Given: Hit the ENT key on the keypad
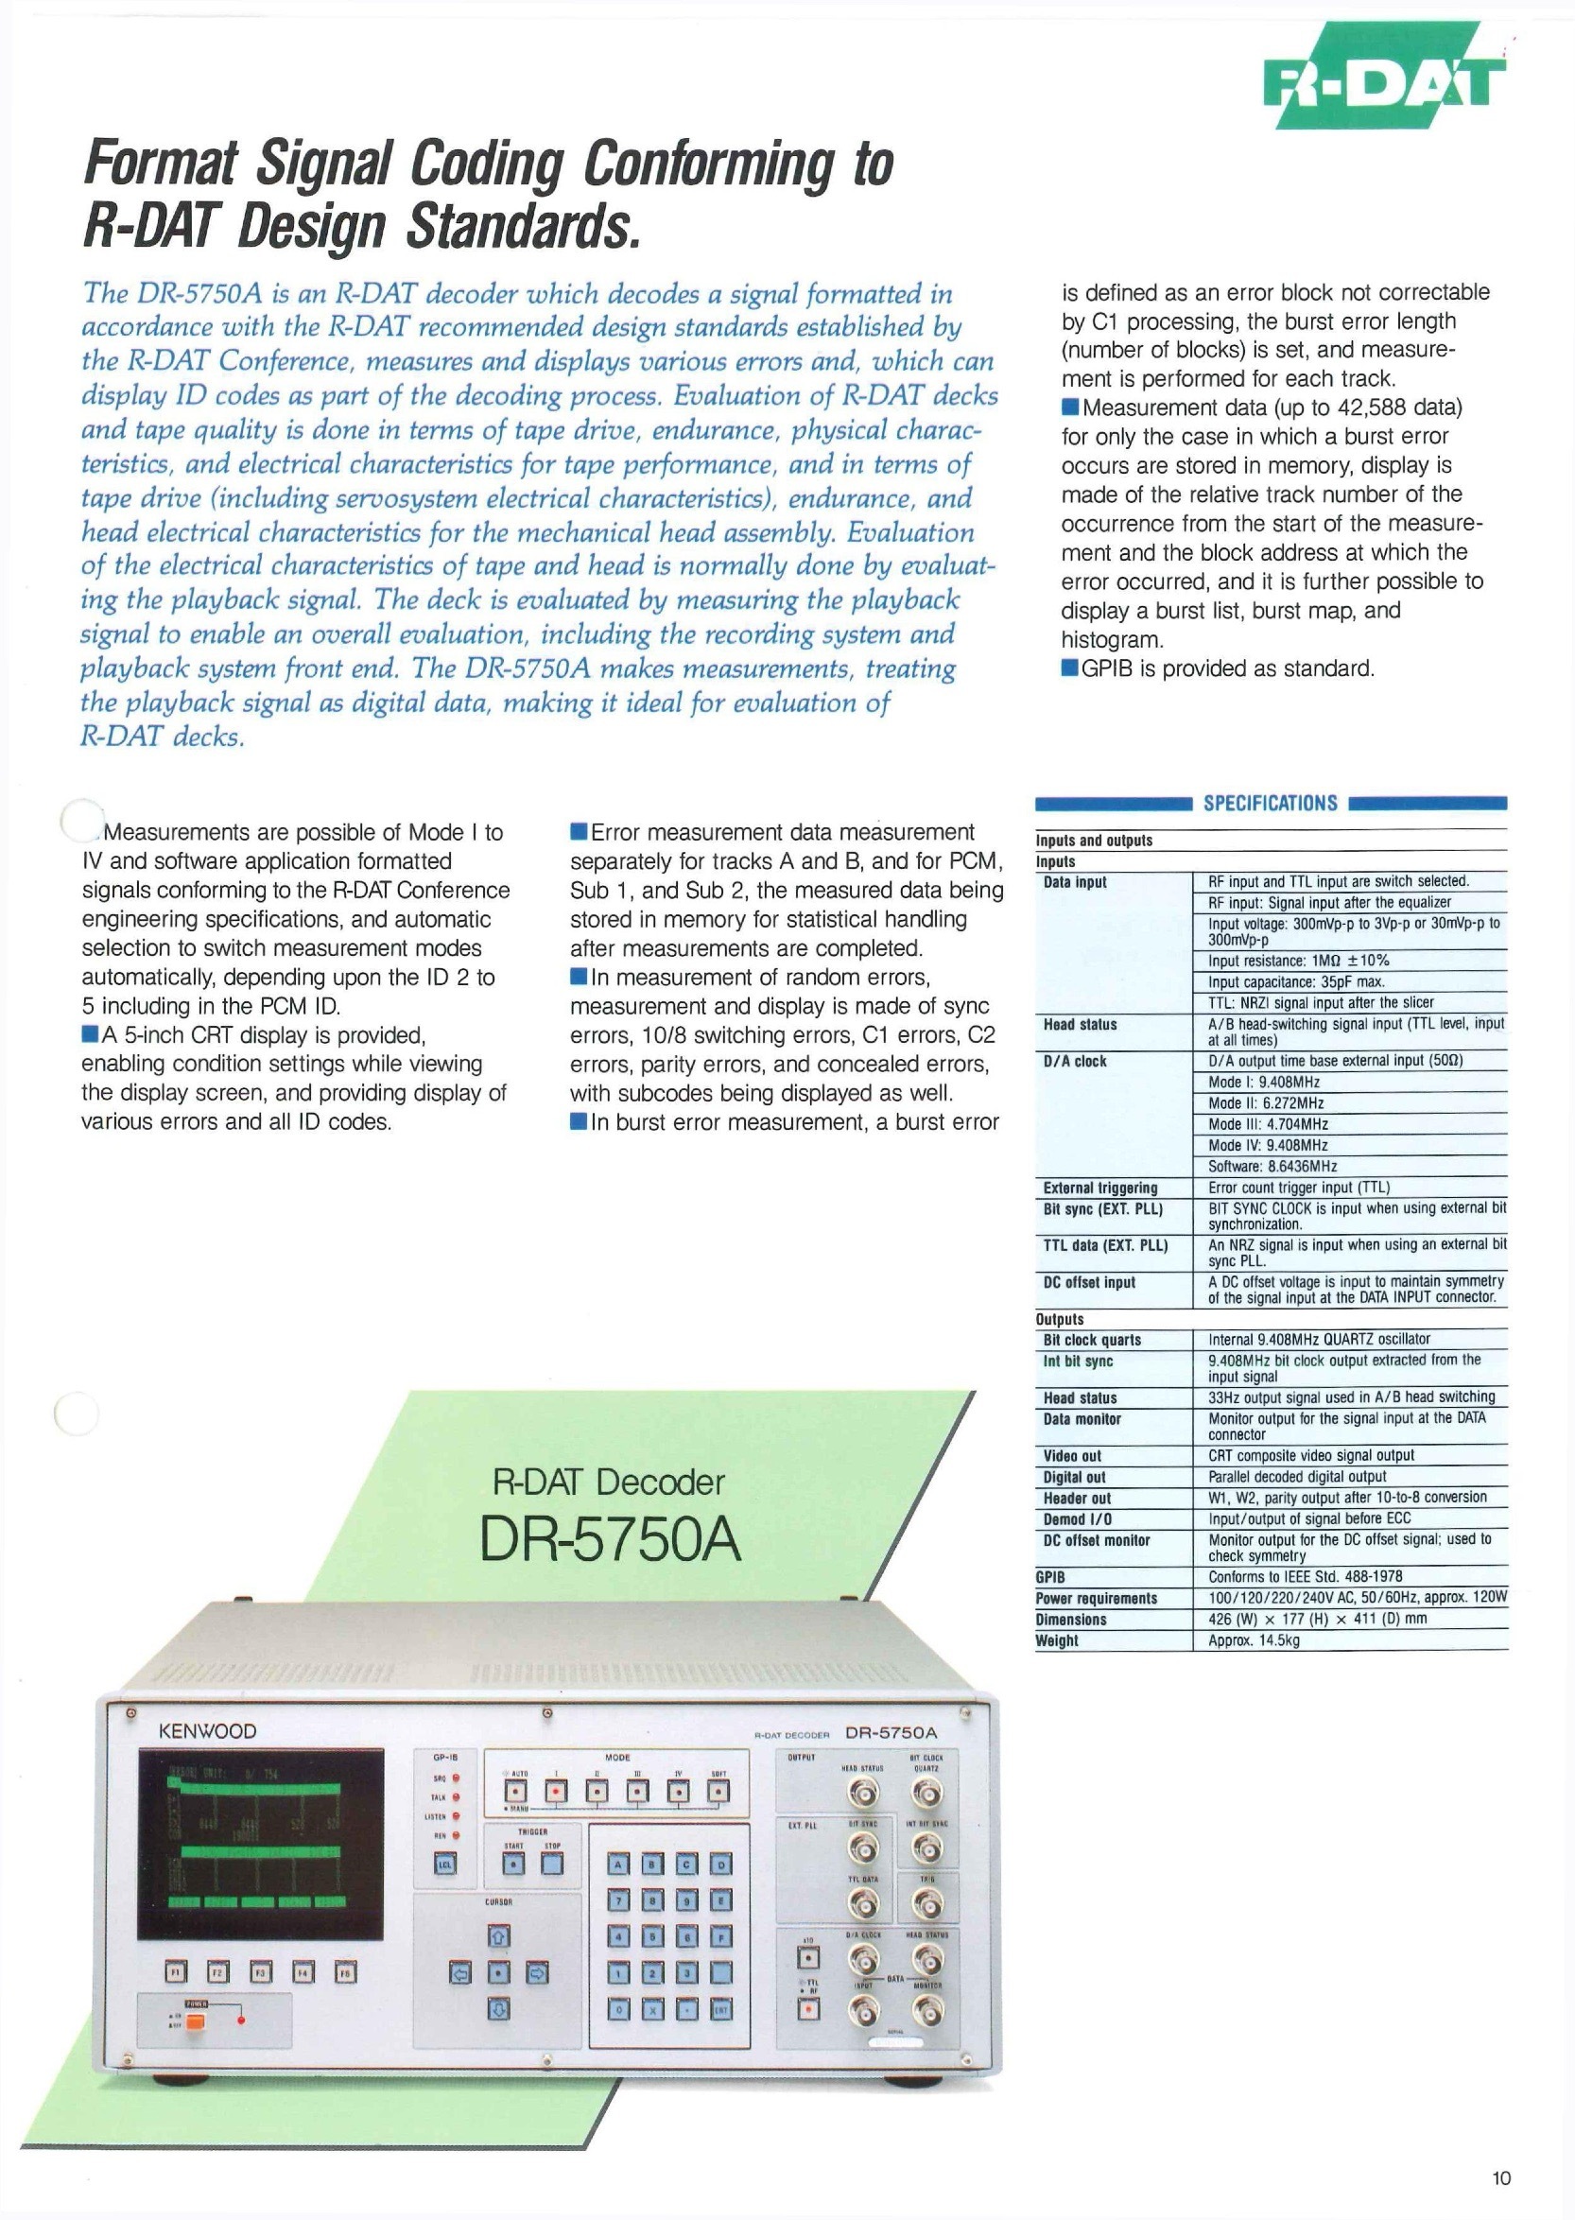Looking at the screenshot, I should pyautogui.click(x=720, y=2010).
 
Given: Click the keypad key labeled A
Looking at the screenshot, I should pyautogui.click(x=621, y=1864).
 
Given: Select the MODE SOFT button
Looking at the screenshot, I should pyautogui.click(x=718, y=1791).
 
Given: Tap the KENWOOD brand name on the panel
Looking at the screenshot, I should pyautogui.click(x=207, y=1731).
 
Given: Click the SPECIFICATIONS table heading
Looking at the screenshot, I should pyautogui.click(x=1271, y=803).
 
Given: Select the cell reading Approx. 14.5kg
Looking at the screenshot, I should pyautogui.click(x=1253, y=1641).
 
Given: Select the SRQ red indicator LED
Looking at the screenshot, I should pyautogui.click(x=456, y=1778).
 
